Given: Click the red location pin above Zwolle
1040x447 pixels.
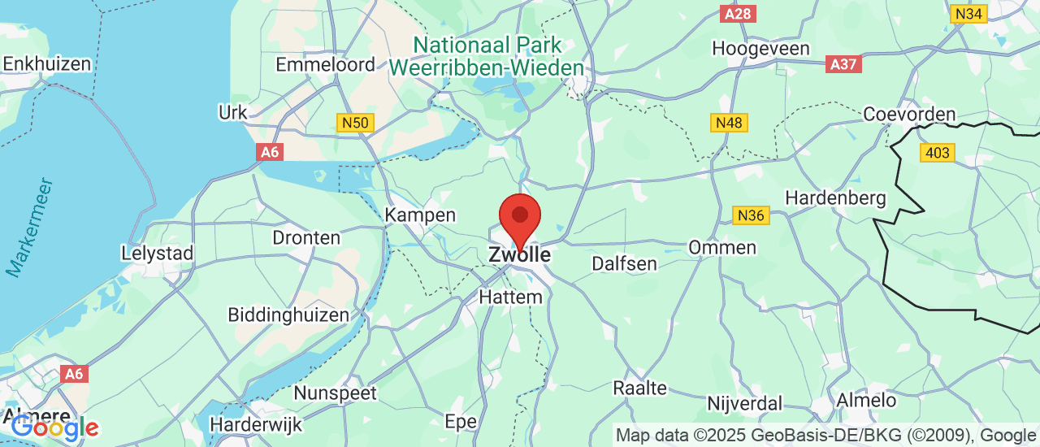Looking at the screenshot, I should coord(519,216).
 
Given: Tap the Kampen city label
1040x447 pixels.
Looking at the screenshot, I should coord(420,215).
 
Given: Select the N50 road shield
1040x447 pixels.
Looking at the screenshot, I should coord(355,123).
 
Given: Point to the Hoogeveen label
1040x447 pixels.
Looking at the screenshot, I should coord(760,49).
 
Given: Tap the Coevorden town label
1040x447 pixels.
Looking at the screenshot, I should coord(909,115).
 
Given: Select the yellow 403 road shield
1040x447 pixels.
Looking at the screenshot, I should coord(938,152).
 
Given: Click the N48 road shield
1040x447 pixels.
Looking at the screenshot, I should coord(730,123).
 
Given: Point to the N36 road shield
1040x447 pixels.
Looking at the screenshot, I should coord(750,215).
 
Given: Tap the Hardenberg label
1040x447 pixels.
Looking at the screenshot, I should coord(835,197).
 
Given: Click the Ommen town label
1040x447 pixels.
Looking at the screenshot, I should coord(722,247).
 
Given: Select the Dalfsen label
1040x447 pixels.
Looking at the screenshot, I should coord(624,263).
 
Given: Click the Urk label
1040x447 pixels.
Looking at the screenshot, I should coord(232,112).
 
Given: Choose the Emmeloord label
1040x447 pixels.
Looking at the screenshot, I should coord(325,65).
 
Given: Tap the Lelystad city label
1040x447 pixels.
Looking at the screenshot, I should coord(157,253).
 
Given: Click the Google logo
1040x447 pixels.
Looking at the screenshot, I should coord(54,427).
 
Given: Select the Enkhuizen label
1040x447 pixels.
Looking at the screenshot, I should coord(47,63).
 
